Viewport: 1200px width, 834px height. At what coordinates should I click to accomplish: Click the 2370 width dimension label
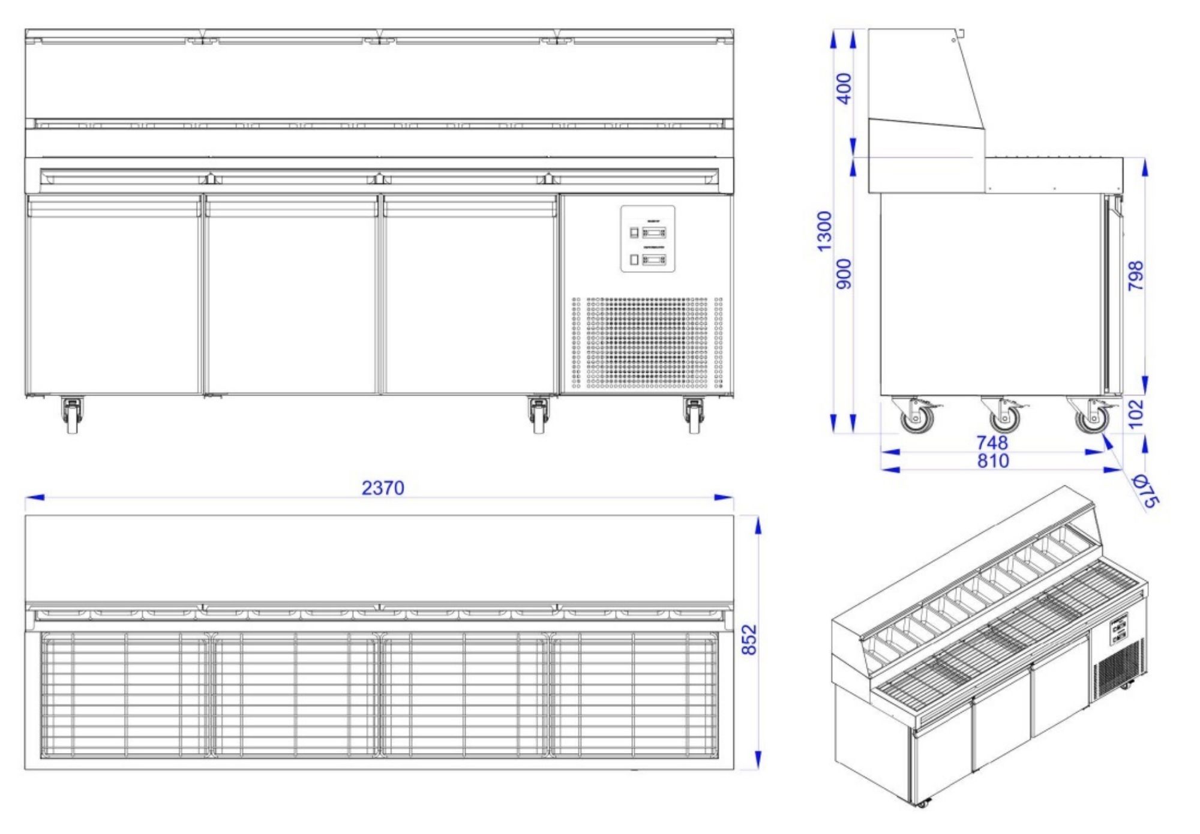[383, 488]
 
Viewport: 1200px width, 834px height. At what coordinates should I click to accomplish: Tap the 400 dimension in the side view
[844, 88]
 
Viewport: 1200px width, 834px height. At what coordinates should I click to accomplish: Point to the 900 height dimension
[844, 274]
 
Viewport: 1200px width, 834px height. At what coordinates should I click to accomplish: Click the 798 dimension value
[1136, 276]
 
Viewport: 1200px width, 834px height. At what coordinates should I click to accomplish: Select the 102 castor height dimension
[1136, 414]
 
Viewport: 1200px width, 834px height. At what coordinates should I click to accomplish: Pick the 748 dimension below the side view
[992, 443]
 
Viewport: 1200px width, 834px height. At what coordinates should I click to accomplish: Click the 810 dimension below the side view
[992, 461]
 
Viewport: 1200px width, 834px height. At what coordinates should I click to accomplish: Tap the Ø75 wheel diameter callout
[1145, 490]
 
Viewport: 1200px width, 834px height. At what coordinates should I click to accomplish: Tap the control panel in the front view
[647, 239]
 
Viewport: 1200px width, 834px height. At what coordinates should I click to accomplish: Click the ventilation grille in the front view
[647, 343]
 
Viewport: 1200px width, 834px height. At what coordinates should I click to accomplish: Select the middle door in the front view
[292, 294]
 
